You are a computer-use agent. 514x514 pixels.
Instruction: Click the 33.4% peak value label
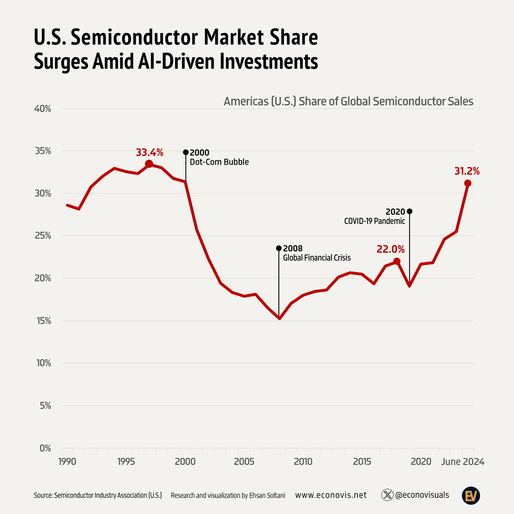click(x=150, y=152)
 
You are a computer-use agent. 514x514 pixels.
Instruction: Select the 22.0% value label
click(x=390, y=249)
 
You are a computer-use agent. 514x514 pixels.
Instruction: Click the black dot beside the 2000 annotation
click(x=186, y=152)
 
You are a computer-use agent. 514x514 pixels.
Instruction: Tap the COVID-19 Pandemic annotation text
click(x=374, y=221)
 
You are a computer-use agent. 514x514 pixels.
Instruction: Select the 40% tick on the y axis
click(x=42, y=109)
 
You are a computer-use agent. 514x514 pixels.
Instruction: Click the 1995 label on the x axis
click(x=126, y=461)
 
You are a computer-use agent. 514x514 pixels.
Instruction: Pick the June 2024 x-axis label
click(x=462, y=461)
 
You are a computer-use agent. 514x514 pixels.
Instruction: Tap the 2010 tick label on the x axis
click(x=303, y=461)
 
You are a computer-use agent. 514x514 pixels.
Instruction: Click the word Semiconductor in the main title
click(x=134, y=37)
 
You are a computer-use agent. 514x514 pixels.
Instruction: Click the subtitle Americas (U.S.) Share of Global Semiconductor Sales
click(x=348, y=101)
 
